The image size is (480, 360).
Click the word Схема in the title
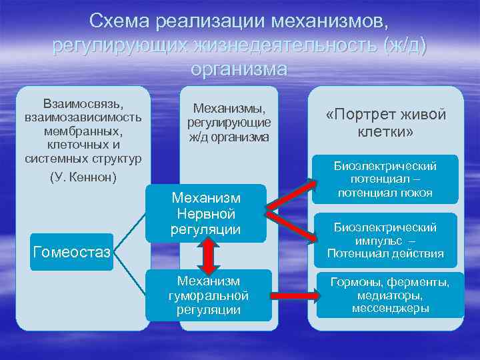[119, 23]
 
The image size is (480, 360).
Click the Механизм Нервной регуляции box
[206, 213]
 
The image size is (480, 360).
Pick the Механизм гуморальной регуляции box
[209, 295]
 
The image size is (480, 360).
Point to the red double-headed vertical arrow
[208, 255]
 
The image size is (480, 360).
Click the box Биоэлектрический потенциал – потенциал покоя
[385, 179]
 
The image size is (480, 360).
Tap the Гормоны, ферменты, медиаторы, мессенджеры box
[390, 295]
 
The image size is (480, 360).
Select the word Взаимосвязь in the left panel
[83, 105]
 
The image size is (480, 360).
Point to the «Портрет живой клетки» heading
[386, 123]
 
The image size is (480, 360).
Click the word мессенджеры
[390, 308]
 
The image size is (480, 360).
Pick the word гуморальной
[209, 295]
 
